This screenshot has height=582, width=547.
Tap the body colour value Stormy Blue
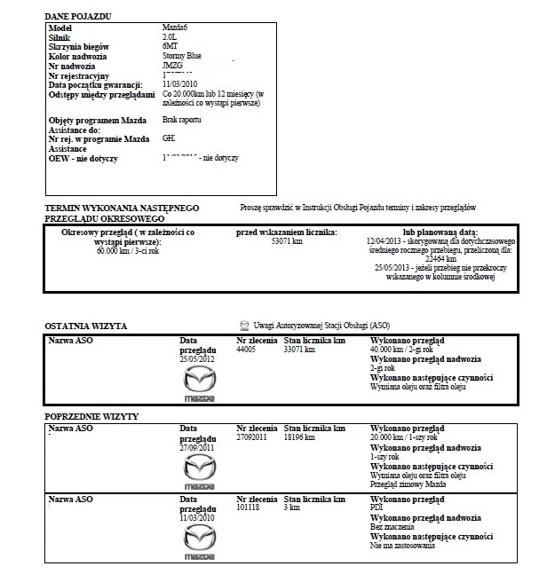point(184,58)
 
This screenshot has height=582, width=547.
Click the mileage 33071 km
point(299,350)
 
